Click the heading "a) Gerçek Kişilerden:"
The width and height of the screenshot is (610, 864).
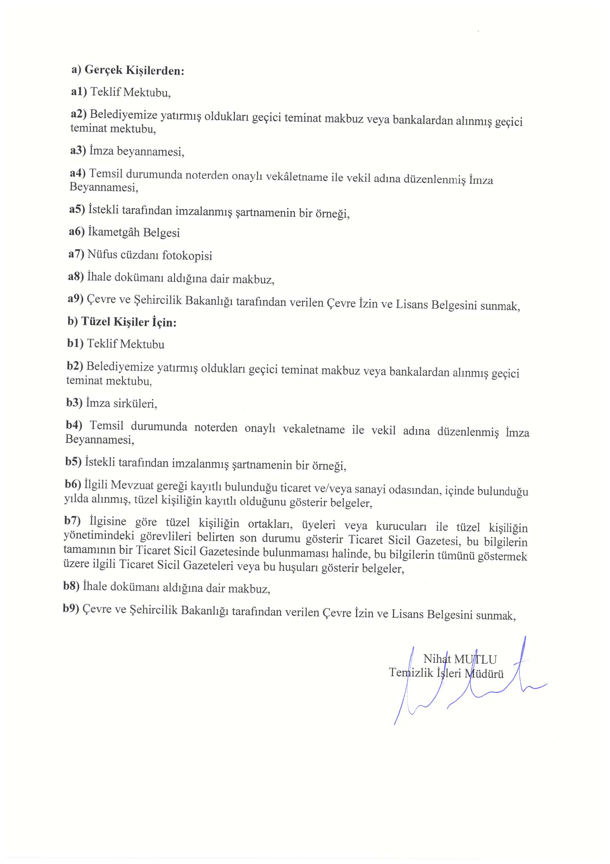[x=128, y=70]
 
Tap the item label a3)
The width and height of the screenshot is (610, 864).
[x=78, y=151]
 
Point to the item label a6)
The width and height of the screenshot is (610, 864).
[x=77, y=232]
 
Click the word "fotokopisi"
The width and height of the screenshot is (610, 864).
[x=187, y=256]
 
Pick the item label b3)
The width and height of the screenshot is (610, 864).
[x=74, y=403]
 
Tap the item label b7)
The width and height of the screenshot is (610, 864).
[x=72, y=521]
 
